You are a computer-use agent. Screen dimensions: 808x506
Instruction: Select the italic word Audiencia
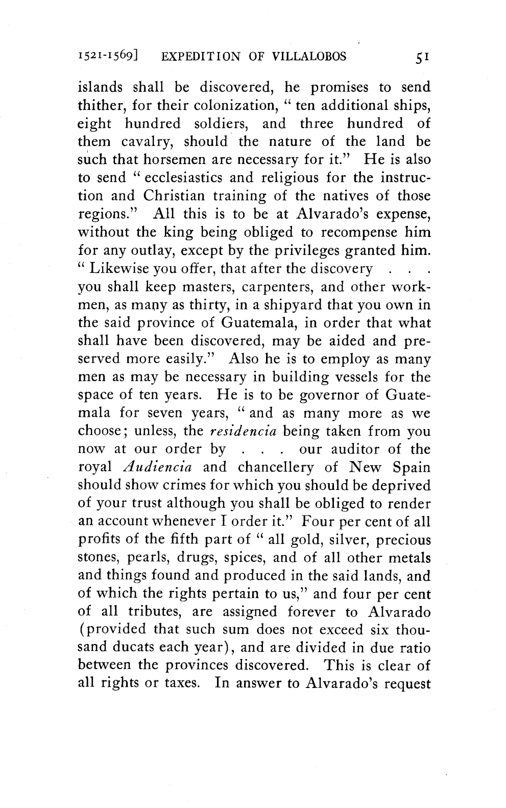pos(158,468)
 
